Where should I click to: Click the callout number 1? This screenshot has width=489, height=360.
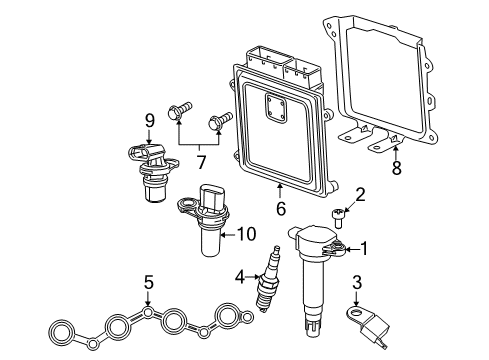[x=367, y=249]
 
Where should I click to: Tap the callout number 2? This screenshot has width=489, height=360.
[x=361, y=194]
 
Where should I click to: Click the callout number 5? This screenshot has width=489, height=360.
[x=148, y=283]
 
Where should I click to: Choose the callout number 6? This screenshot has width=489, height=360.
[x=281, y=208]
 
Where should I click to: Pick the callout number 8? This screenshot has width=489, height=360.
[x=396, y=169]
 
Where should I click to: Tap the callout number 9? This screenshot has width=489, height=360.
[x=148, y=121]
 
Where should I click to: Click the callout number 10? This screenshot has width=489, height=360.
[x=245, y=235]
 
